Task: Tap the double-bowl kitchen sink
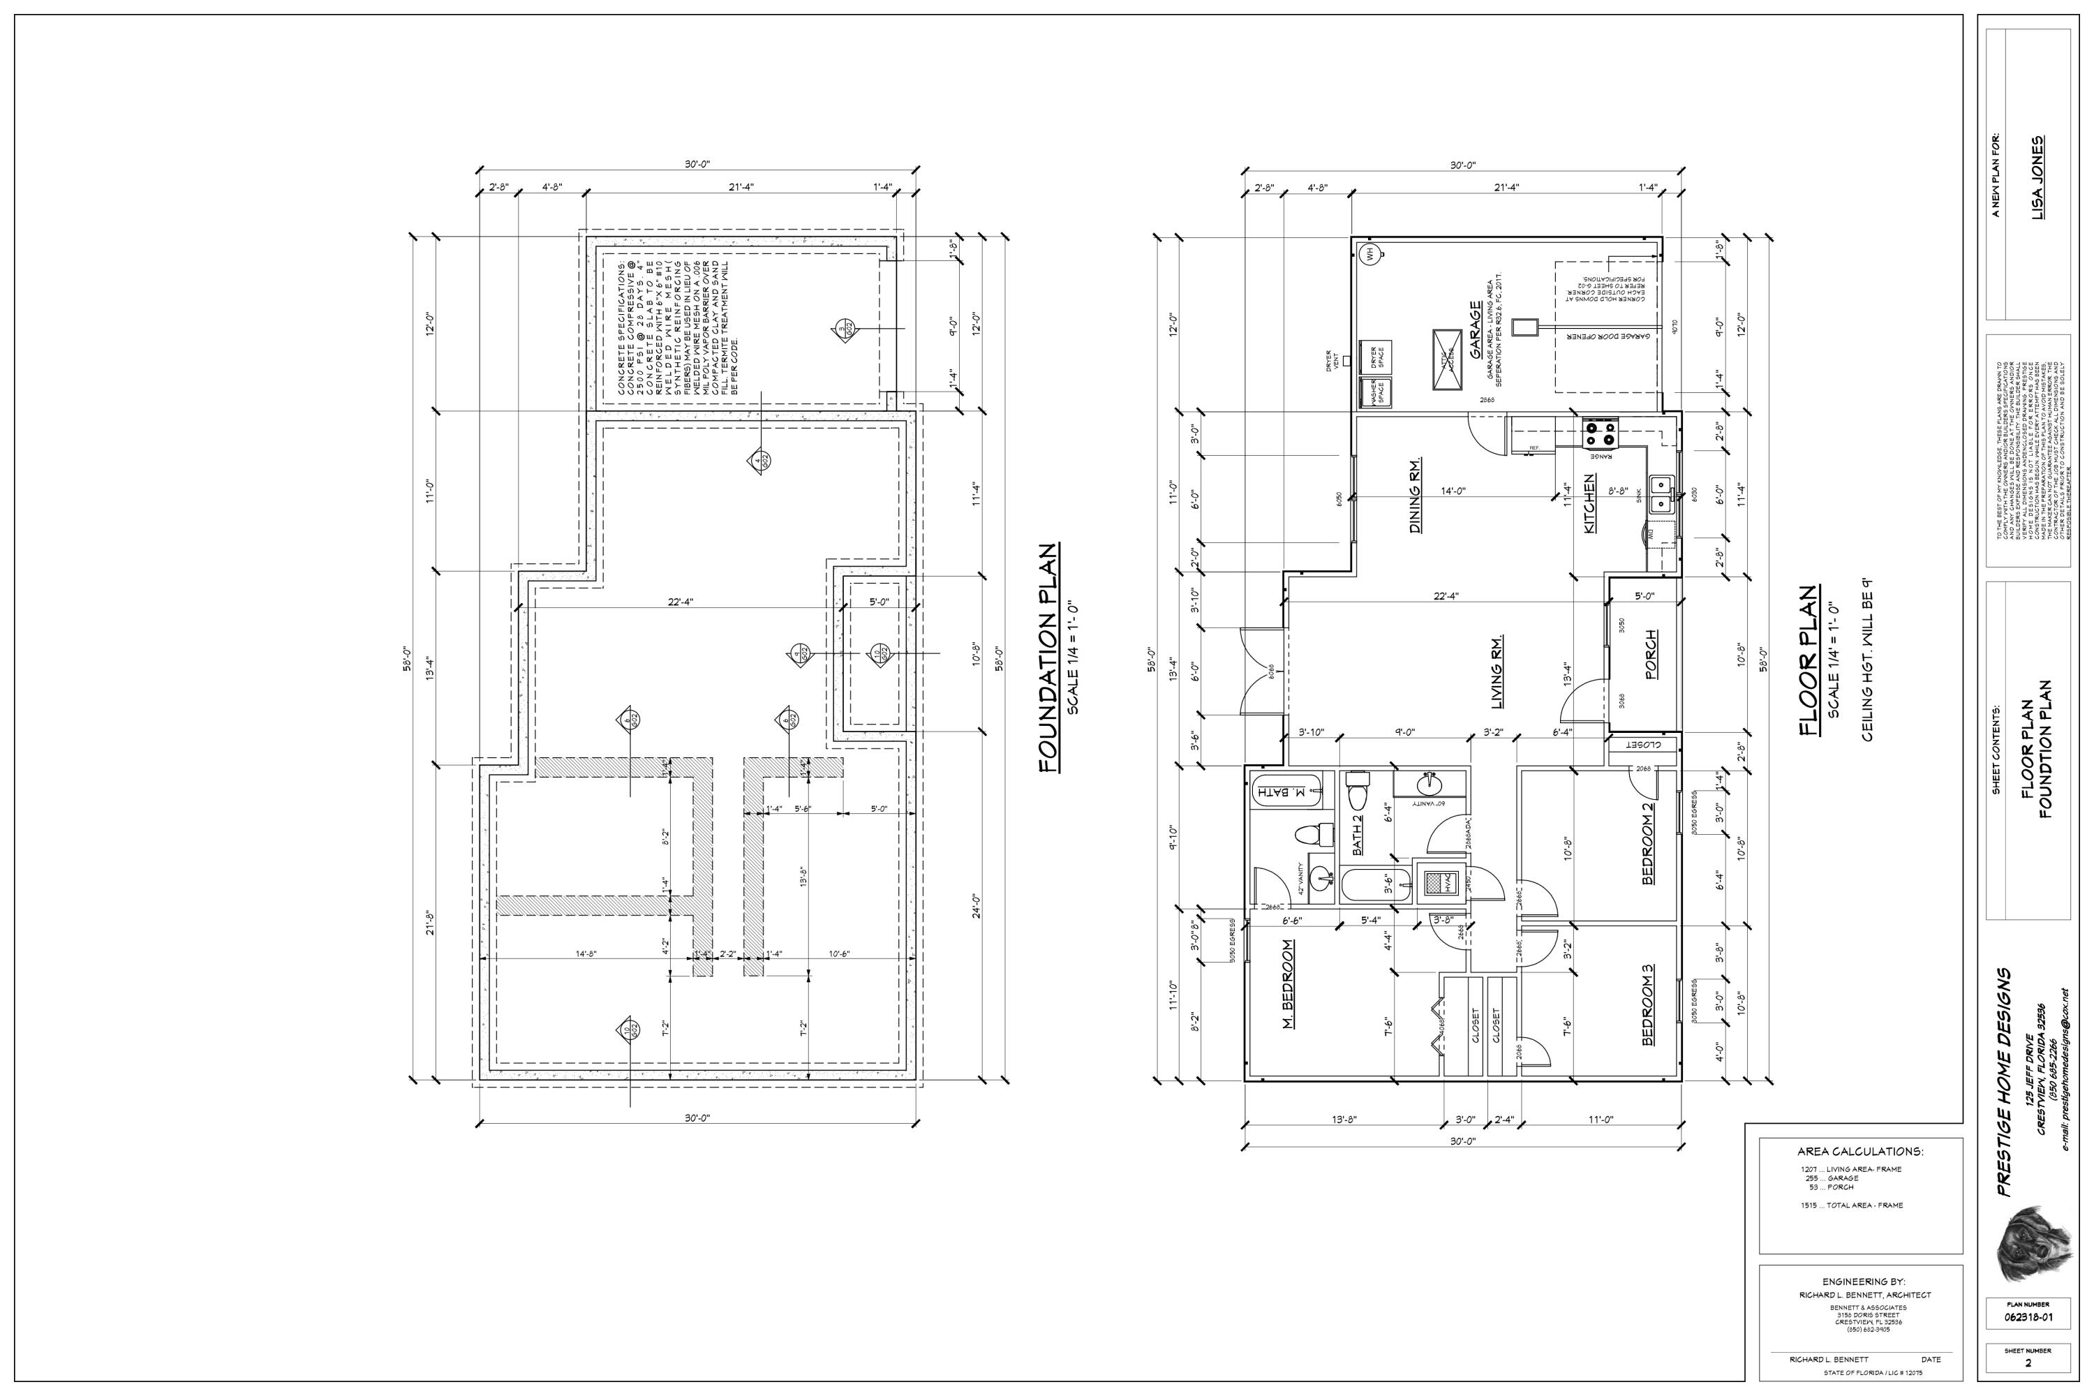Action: click(1661, 494)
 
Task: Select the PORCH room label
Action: click(1651, 655)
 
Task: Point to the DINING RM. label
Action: click(1415, 496)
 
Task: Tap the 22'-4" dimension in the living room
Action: click(1445, 597)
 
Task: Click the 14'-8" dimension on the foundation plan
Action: click(585, 953)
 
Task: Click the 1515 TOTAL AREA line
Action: click(1852, 1205)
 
